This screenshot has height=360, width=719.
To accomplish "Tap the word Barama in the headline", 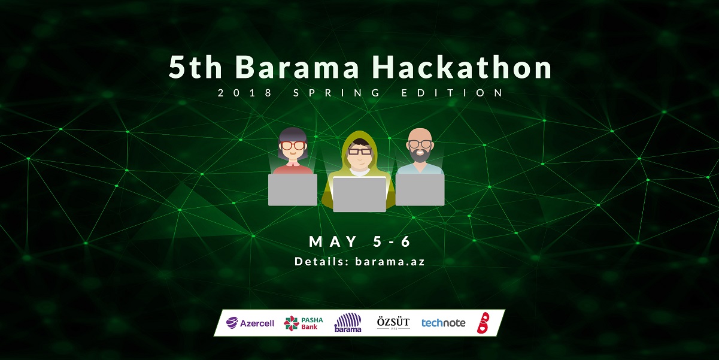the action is click(x=297, y=67).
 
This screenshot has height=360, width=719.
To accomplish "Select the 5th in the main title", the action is click(x=195, y=67).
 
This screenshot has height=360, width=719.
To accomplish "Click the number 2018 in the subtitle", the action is click(x=245, y=93).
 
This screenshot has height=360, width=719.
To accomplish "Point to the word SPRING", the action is click(x=336, y=93).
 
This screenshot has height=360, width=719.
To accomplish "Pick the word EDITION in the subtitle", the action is click(x=452, y=93).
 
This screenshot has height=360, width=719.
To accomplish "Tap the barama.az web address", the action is click(x=390, y=261).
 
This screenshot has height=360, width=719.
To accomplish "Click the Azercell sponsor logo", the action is click(x=250, y=323).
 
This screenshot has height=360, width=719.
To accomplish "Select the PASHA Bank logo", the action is click(x=304, y=323).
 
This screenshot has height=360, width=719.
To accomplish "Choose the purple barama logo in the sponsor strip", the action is click(x=348, y=323).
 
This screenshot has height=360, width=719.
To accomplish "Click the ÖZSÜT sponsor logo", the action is click(x=393, y=323).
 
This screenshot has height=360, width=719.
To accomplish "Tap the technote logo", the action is click(x=443, y=323).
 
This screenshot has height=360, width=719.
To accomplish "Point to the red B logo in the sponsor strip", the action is click(x=483, y=323).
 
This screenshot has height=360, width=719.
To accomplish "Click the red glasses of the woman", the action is click(x=292, y=146).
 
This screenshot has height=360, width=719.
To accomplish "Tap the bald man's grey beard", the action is click(x=420, y=155).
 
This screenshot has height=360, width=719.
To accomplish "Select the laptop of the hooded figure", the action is click(x=359, y=194).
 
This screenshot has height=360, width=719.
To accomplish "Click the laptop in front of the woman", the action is click(x=293, y=189).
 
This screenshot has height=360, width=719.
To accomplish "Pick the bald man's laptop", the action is click(x=420, y=189).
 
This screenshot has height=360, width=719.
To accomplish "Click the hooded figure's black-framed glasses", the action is click(x=360, y=152).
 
